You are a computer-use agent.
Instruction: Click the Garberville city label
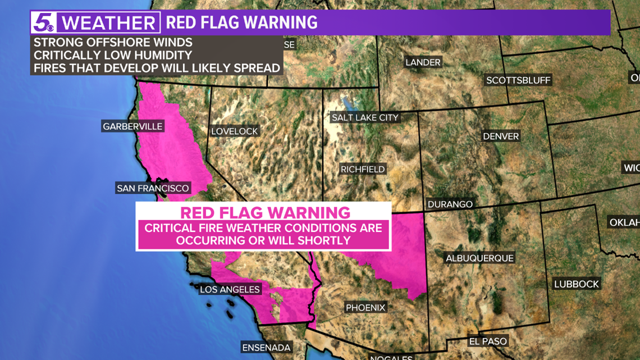pos(132,126)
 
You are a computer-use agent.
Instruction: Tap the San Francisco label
pos(153,188)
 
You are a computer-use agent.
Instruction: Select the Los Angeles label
pos(230,289)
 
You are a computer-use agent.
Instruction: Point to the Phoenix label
pos(365,308)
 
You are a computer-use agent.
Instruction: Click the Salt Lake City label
pos(365,118)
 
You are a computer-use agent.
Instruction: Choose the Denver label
pos(501,136)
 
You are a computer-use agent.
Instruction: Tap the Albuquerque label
pos(479,258)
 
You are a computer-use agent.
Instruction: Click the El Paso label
pos(488,341)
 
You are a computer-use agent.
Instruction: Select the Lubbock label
pos(577,284)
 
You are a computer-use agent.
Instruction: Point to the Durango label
pos(450,204)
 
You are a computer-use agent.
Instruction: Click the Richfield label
pos(363,169)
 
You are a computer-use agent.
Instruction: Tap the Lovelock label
pos(235,131)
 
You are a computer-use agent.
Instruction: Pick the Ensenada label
pos(267,348)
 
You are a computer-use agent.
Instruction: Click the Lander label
pos(423,62)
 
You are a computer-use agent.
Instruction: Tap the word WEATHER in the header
pos(108,23)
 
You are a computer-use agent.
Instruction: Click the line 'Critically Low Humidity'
pos(112,55)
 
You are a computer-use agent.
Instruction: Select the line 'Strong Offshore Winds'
pos(112,43)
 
